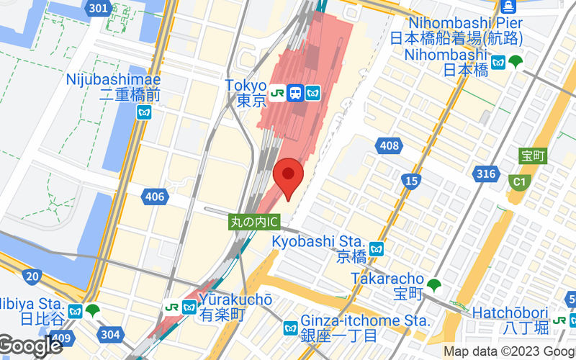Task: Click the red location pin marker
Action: (289, 177)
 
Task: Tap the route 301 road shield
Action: (102, 9)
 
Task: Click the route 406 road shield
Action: (154, 196)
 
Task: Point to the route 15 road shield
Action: (411, 181)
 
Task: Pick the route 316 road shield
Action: (487, 174)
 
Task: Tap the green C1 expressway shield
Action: (518, 181)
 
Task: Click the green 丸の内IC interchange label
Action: (253, 222)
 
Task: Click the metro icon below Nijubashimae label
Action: (145, 112)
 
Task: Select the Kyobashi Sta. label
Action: (319, 240)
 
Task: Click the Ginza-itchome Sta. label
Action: (366, 320)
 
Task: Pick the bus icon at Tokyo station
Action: (294, 93)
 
